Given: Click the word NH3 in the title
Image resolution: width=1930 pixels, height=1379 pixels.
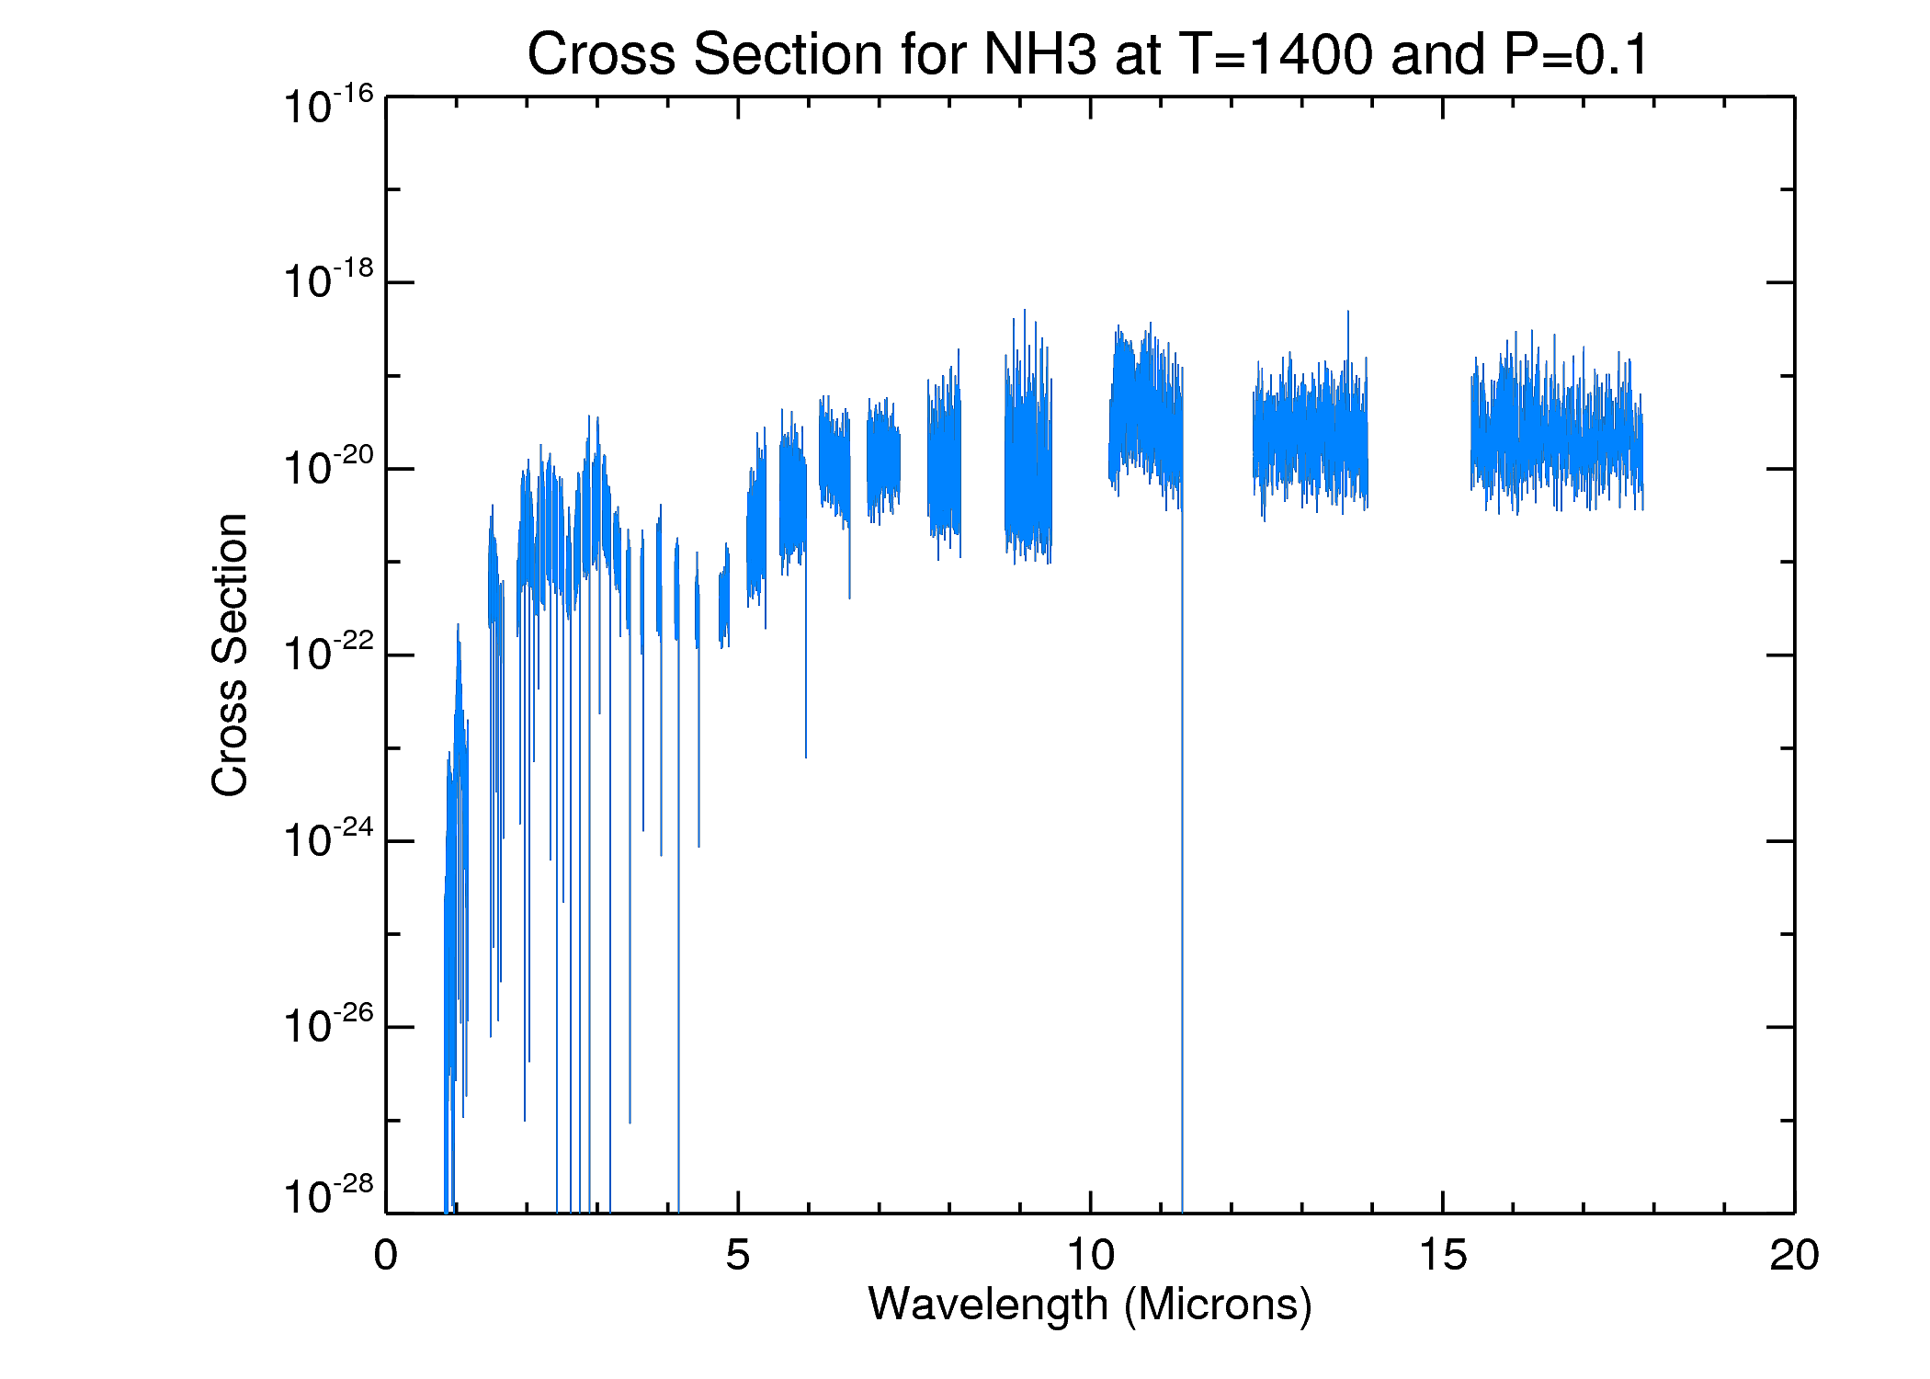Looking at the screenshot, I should [x=1039, y=54].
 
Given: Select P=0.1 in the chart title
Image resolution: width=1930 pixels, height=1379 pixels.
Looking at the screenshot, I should [x=1576, y=54].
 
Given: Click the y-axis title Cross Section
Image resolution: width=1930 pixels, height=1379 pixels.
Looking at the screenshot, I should [x=230, y=655].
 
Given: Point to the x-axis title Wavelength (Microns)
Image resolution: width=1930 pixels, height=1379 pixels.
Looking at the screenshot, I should [x=1090, y=1305].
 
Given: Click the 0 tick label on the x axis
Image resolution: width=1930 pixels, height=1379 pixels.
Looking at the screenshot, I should [x=386, y=1256].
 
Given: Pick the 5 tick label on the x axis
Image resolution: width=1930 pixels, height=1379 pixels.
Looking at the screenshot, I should [x=737, y=1256].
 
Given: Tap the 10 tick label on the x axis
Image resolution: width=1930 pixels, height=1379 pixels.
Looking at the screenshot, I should [x=1090, y=1256].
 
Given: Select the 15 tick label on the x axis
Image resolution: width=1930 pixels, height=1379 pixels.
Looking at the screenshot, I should [x=1443, y=1256].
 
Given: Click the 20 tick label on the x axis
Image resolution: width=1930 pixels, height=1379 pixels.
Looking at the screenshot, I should [x=1794, y=1256].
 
